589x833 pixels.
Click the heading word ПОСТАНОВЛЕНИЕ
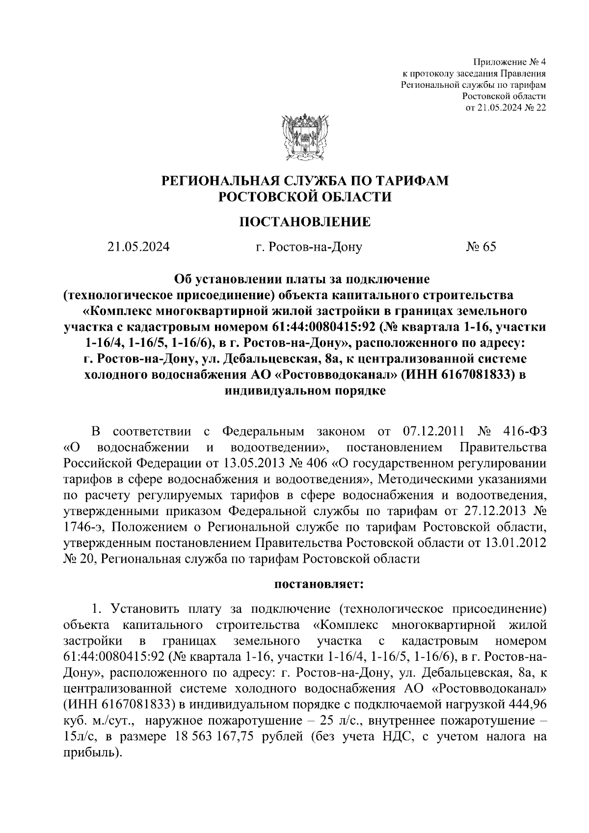click(x=305, y=222)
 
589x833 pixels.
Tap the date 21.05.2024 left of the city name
click(x=139, y=247)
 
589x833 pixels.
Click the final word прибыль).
click(x=92, y=753)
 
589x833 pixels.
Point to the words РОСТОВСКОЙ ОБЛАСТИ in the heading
click(x=305, y=197)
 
